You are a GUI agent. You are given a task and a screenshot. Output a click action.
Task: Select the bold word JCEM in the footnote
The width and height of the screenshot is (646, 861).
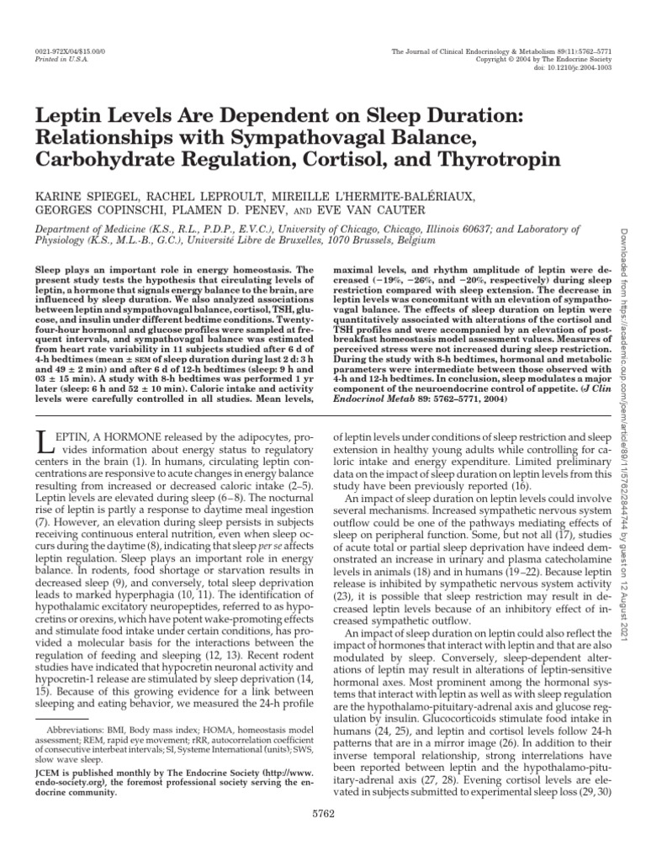point(49,767)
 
